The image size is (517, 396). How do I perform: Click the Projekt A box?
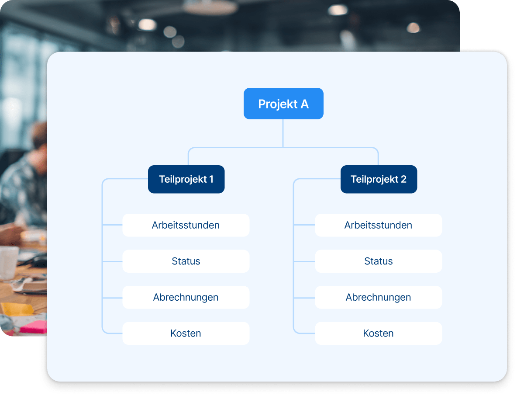coord(283,104)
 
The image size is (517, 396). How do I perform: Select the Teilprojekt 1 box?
coord(186,179)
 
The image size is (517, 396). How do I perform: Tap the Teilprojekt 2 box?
coord(379,179)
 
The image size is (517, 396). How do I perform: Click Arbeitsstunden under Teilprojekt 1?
coord(186,225)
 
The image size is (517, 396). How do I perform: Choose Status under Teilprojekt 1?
coord(186,261)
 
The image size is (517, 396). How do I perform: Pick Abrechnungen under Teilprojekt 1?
coord(186,297)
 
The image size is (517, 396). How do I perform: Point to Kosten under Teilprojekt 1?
coord(186,333)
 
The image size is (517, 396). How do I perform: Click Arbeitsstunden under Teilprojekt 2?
coord(378,225)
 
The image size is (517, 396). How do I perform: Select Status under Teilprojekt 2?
coord(378,261)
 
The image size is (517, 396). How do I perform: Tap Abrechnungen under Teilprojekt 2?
coord(378,297)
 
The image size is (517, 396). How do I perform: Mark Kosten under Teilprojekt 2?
coord(378,333)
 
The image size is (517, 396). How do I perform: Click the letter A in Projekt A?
coord(304,104)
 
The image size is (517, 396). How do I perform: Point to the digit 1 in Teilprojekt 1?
coord(211,179)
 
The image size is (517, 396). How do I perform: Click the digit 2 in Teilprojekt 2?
coord(403,179)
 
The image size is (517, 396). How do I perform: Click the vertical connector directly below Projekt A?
coord(283,133)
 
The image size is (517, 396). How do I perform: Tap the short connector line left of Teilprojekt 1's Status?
coord(112,261)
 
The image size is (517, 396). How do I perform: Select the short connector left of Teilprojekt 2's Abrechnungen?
coord(304,297)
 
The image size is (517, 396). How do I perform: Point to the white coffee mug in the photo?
coord(9,262)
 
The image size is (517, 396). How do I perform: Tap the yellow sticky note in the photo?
coord(17,309)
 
